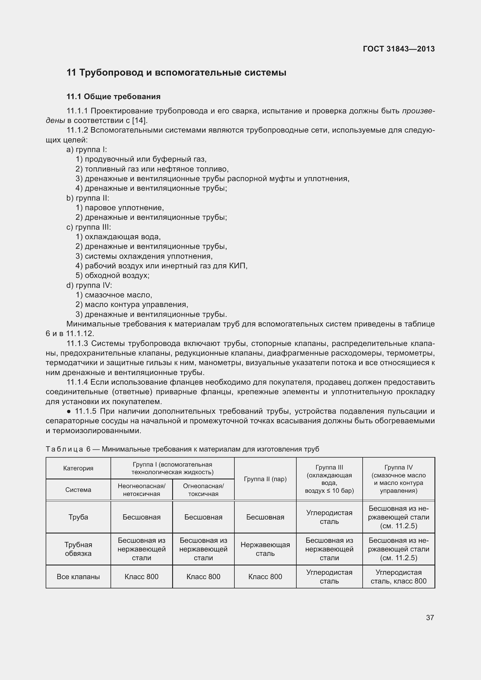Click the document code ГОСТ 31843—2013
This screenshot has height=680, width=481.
pos(398,49)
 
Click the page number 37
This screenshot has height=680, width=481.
pos(430,617)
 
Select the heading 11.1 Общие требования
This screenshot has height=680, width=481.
pos(113,97)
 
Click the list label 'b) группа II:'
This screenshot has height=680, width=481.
pos(88,198)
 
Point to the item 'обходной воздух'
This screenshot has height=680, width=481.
pos(117,275)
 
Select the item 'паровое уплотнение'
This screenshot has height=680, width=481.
pos(124,208)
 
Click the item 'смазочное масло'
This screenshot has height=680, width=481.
pos(118,295)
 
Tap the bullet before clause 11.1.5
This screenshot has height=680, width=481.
pos(69,411)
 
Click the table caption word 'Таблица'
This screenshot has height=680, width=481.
pos(64,449)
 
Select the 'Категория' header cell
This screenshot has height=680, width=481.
pos(78,468)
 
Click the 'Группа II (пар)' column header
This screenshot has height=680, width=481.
pos(265,479)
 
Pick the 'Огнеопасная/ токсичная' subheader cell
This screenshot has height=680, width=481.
pos(203,490)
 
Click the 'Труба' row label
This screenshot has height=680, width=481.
pos(78,517)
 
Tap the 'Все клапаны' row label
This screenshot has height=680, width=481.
pos(78,577)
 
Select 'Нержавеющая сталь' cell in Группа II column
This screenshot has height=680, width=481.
pos(265,549)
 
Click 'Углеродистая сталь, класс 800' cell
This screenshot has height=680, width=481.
pos(398,577)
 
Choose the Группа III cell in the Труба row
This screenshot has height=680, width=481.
pos(329,517)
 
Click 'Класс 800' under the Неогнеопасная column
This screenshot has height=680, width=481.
pos(141,577)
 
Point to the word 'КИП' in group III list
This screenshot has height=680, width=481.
pos(238,266)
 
